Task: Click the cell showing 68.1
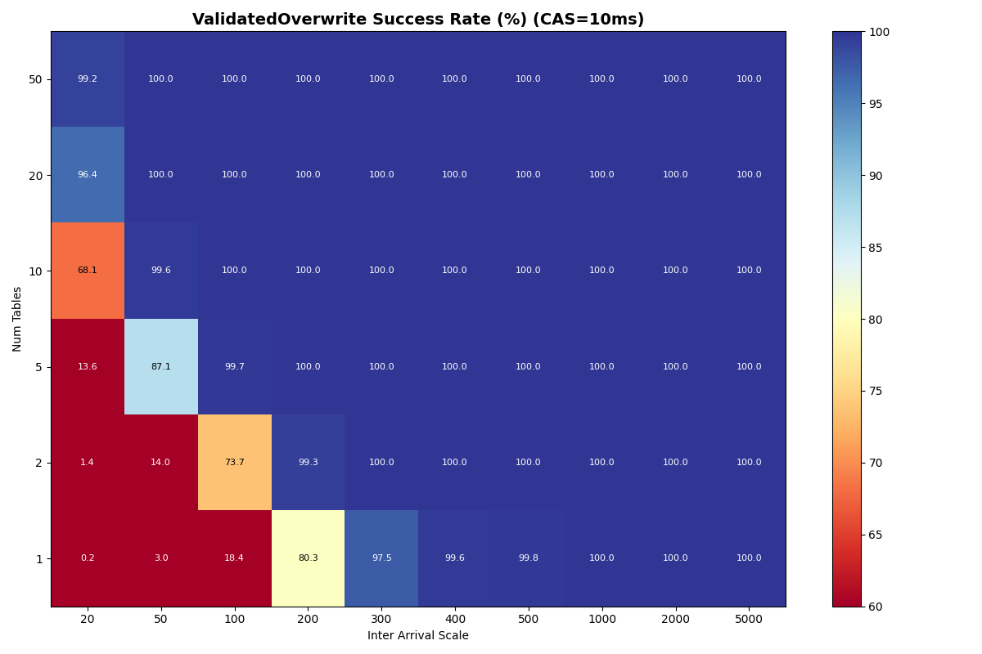[x=88, y=271]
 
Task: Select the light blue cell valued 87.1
[x=161, y=366]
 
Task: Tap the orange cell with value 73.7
[x=234, y=462]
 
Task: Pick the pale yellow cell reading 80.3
[x=308, y=558]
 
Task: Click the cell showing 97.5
[x=381, y=558]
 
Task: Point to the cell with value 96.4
[x=88, y=175]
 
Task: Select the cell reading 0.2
[x=88, y=558]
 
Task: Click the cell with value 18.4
[x=234, y=558]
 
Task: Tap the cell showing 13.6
[x=88, y=366]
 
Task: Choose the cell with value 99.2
[x=88, y=79]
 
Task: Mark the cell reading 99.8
[x=528, y=558]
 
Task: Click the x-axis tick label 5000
[x=749, y=620]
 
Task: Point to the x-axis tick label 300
[x=381, y=620]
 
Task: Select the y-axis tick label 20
[x=36, y=175]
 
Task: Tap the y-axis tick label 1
[x=38, y=558]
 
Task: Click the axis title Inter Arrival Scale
[x=417, y=636]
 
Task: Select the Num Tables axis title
[x=17, y=319]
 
